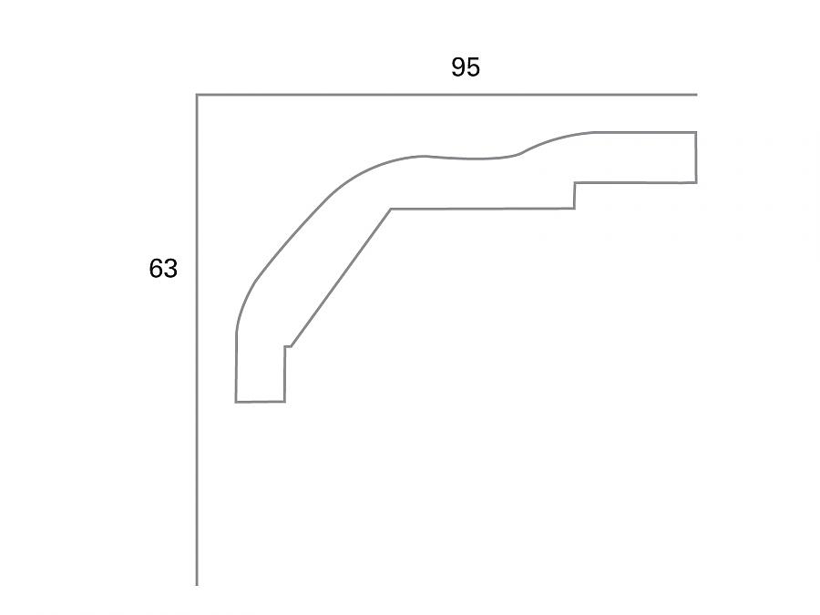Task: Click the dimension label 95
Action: coord(465,67)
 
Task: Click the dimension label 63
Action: coord(163,269)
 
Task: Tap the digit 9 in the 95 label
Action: coord(458,67)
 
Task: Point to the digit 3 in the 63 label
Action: coord(170,269)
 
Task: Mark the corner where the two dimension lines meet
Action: coord(197,94)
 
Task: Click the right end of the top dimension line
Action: coord(696,94)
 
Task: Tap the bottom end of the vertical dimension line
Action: coord(197,584)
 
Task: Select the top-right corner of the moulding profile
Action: coord(696,132)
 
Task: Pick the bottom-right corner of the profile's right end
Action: coord(696,182)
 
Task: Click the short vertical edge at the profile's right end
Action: coord(696,158)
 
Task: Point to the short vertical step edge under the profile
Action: coord(575,195)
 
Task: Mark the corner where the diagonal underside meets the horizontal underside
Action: coord(391,210)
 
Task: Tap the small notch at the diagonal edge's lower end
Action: coord(287,346)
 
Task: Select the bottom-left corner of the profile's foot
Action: coord(236,401)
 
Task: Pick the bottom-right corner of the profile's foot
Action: coord(284,401)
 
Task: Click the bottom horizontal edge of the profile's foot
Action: coord(261,401)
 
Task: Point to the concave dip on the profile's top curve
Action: coord(474,159)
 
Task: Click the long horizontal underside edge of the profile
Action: coord(483,209)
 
